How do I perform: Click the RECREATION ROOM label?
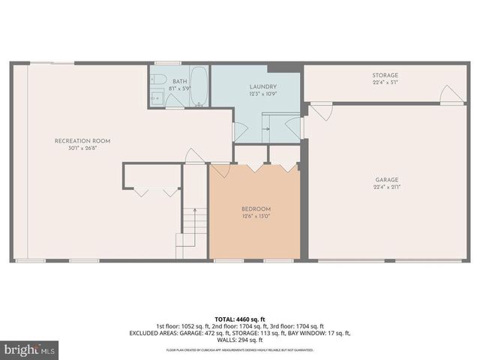click(x=82, y=141)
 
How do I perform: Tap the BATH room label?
click(x=180, y=81)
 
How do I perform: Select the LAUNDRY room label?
click(x=263, y=87)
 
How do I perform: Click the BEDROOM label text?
click(x=256, y=208)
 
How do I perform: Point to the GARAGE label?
click(x=387, y=180)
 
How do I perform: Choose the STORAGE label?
click(x=385, y=75)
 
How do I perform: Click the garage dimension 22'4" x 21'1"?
click(x=387, y=187)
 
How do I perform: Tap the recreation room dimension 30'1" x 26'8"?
click(x=82, y=148)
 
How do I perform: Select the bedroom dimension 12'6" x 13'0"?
click(x=256, y=216)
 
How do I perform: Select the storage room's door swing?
click(x=450, y=95)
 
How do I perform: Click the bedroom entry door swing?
click(x=220, y=171)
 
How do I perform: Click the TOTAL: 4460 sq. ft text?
click(x=240, y=319)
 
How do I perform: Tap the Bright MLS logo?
click(x=30, y=349)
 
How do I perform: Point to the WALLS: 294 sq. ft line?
click(x=240, y=339)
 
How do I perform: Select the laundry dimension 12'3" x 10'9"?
click(x=263, y=94)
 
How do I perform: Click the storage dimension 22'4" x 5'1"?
click(x=385, y=82)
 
